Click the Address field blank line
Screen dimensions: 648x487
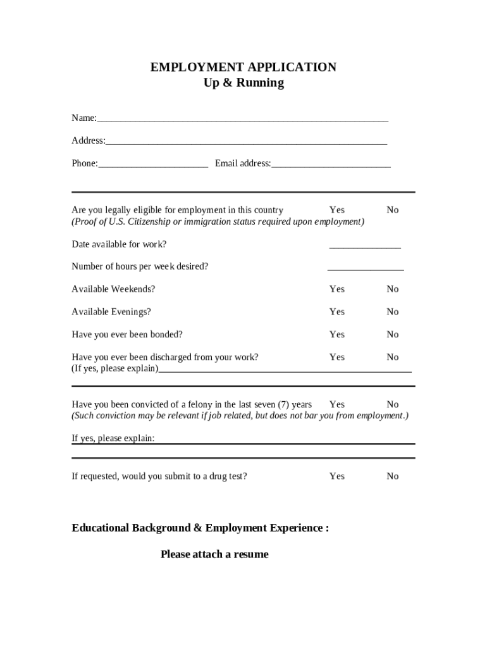[x=246, y=141]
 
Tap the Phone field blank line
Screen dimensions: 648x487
[x=153, y=164]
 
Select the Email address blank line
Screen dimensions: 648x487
[x=331, y=164]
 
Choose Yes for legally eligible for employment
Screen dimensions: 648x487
[x=336, y=210]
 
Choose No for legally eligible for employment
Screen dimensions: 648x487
[x=393, y=210]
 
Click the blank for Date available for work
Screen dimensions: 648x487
[x=364, y=246]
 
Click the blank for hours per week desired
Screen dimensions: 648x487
[x=366, y=268]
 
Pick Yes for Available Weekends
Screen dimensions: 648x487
[x=336, y=289]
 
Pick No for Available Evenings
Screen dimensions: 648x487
[x=393, y=312]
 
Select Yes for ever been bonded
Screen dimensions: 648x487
[x=336, y=335]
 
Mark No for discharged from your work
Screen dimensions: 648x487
[x=393, y=358]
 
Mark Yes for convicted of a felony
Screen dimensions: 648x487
[x=336, y=404]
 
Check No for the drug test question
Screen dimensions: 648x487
[x=393, y=477]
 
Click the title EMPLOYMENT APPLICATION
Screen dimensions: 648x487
[x=243, y=67]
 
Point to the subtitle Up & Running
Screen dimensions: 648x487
[x=244, y=83]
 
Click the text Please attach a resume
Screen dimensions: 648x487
[x=214, y=554]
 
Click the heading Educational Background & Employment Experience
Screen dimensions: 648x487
[x=200, y=528]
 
